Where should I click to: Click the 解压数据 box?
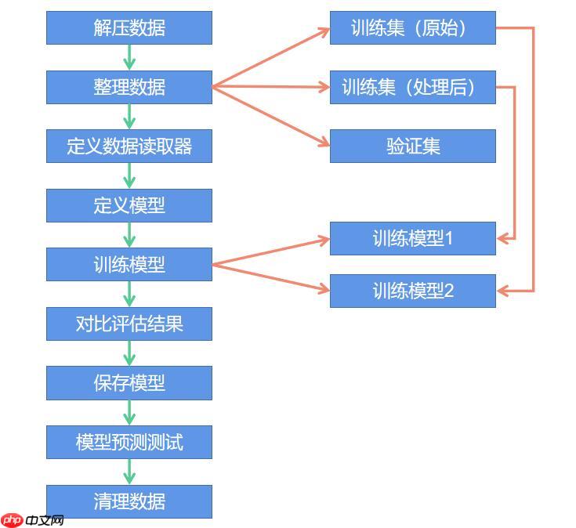pyautogui.click(x=129, y=28)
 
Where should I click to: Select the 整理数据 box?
pyautogui.click(x=129, y=88)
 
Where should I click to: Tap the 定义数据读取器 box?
pyautogui.click(x=129, y=146)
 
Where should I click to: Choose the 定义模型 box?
pyautogui.click(x=129, y=205)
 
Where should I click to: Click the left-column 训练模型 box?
pyautogui.click(x=129, y=264)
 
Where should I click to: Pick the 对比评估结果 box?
pyautogui.click(x=129, y=324)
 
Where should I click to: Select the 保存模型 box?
pyautogui.click(x=129, y=383)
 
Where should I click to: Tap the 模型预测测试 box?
pyautogui.click(x=129, y=442)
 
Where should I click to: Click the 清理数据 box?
pyautogui.click(x=129, y=501)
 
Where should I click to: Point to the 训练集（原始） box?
pyautogui.click(x=413, y=28)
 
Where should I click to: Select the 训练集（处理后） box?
pyautogui.click(x=413, y=88)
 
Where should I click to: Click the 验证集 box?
pyautogui.click(x=413, y=146)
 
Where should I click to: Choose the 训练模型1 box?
pyautogui.click(x=413, y=238)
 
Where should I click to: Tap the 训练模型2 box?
pyautogui.click(x=413, y=291)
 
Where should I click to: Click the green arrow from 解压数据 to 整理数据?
pyautogui.click(x=129, y=57)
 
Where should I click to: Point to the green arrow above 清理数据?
pyautogui.click(x=129, y=472)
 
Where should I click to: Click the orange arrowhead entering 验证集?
pyautogui.click(x=324, y=142)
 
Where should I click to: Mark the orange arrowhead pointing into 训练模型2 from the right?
pyautogui.click(x=502, y=291)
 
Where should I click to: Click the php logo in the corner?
pyautogui.click(x=13, y=520)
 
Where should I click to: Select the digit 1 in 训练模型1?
pyautogui.click(x=448, y=238)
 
